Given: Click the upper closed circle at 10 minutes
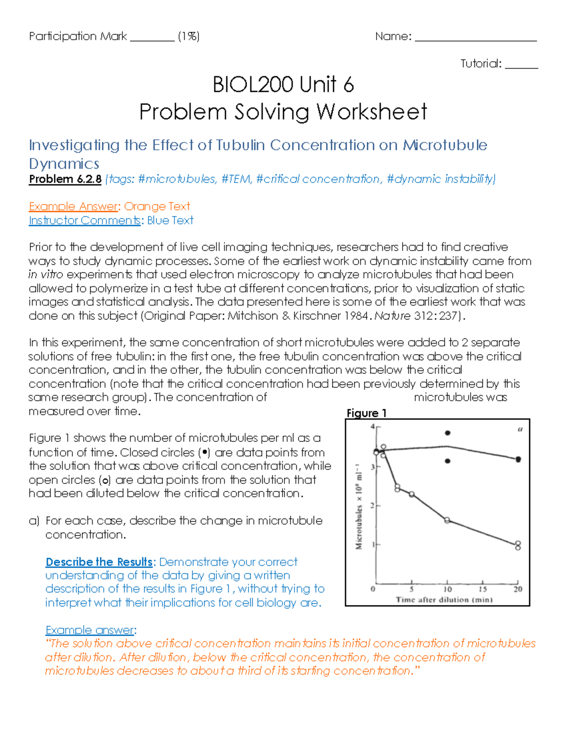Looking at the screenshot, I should point(447,433).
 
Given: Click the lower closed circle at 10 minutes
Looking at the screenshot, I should point(447,461).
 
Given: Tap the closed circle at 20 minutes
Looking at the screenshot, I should point(518,459).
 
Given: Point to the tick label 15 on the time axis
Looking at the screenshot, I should point(482,589).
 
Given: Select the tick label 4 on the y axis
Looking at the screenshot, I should point(372,427).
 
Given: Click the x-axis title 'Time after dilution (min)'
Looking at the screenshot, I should point(444,600).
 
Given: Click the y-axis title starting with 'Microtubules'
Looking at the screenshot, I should point(359,506).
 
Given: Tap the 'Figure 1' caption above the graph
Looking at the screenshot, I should point(366,413).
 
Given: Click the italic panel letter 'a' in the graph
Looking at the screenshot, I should point(520,430).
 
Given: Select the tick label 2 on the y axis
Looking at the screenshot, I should point(372,506).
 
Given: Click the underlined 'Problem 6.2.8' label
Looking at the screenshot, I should point(65,179).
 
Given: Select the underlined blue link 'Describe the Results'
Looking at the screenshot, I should point(99,562).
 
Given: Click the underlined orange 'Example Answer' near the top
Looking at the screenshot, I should point(73,207).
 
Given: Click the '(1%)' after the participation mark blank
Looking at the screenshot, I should point(189,36).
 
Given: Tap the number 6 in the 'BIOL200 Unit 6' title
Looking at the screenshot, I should point(348,85).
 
